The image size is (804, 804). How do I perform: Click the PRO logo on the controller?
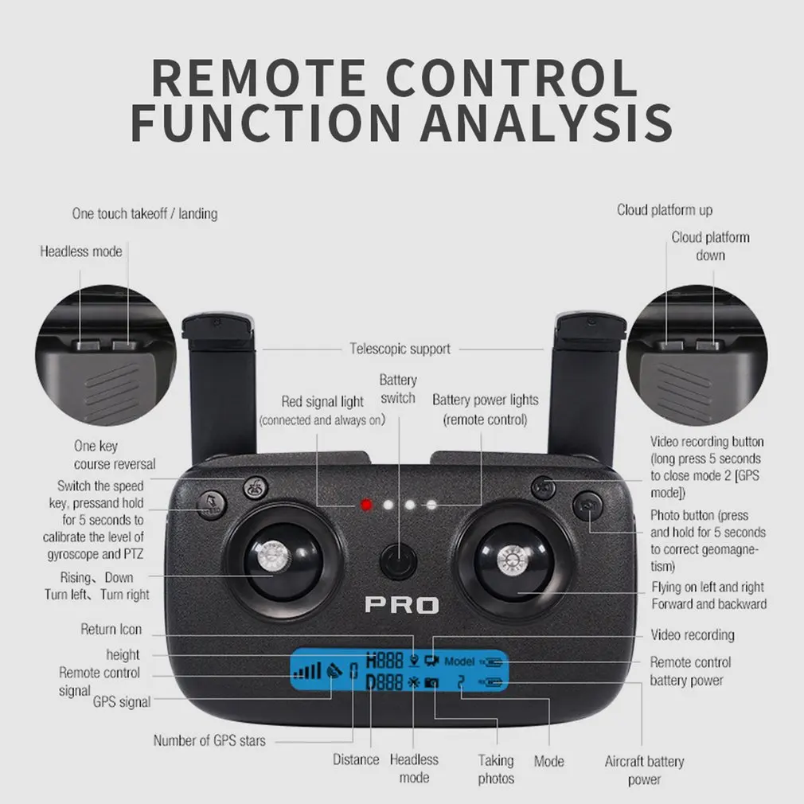click(x=401, y=605)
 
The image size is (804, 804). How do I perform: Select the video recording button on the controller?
click(x=544, y=486)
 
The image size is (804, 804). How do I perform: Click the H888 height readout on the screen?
click(x=384, y=661)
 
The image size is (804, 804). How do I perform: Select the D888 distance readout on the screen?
click(x=384, y=683)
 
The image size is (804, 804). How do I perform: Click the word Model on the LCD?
click(x=459, y=662)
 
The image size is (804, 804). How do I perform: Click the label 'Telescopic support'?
click(x=400, y=349)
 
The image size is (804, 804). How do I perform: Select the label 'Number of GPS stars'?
click(x=209, y=740)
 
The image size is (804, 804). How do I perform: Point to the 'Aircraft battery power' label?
click(x=644, y=771)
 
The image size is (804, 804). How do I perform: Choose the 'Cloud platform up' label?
click(x=665, y=210)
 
